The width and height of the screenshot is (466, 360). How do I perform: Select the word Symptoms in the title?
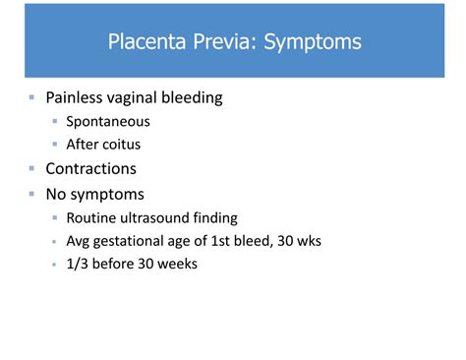pyautogui.click(x=313, y=42)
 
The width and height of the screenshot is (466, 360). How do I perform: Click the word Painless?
pyautogui.click(x=78, y=97)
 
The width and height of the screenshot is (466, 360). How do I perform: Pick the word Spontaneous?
pyautogui.click(x=107, y=122)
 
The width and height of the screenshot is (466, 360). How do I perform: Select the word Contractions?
pyautogui.click(x=91, y=168)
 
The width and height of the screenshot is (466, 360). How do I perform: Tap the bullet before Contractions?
pyautogui.click(x=32, y=168)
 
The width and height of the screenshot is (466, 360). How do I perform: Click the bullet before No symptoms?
pyautogui.click(x=32, y=193)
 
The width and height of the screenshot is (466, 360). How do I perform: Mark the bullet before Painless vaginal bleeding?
pyautogui.click(x=32, y=97)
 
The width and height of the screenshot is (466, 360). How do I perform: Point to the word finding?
pyautogui.click(x=214, y=217)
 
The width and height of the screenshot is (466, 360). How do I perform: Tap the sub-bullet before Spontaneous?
pyautogui.click(x=56, y=122)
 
